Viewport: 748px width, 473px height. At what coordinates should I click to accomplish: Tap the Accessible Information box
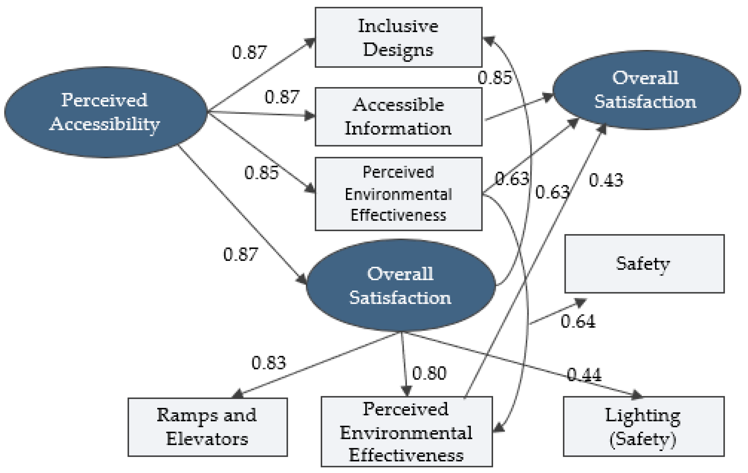398,117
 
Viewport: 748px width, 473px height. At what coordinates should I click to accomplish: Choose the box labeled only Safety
644,264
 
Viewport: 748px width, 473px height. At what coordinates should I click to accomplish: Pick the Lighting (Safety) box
644,426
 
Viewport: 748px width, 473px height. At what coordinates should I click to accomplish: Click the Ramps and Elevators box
207,427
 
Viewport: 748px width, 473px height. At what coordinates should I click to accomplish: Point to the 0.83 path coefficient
268,362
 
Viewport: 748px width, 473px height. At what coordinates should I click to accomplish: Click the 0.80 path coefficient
429,373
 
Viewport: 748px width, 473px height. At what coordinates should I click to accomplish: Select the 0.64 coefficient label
578,321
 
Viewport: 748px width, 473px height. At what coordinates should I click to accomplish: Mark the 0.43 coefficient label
606,180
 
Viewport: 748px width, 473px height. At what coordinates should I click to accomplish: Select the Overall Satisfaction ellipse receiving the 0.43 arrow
646,90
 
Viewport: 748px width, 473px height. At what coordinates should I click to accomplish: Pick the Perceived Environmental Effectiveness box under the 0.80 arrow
406,431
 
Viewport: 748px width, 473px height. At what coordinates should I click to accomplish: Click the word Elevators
207,439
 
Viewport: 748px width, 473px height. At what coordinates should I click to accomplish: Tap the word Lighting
642,415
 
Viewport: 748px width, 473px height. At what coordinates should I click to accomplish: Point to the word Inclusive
398,26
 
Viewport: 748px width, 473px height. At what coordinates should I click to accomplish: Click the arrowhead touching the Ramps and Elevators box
238,394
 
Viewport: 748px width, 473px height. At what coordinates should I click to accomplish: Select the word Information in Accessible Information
398,128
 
